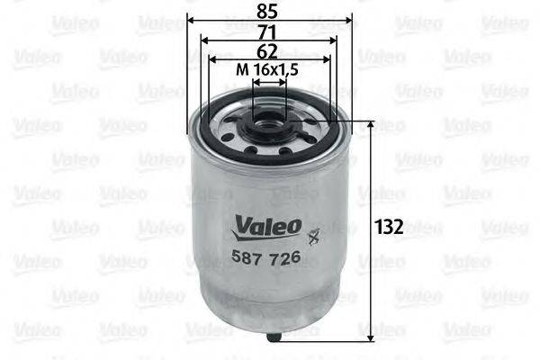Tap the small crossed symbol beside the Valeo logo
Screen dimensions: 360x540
pos(313,238)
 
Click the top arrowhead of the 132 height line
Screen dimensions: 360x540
pos(374,127)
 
